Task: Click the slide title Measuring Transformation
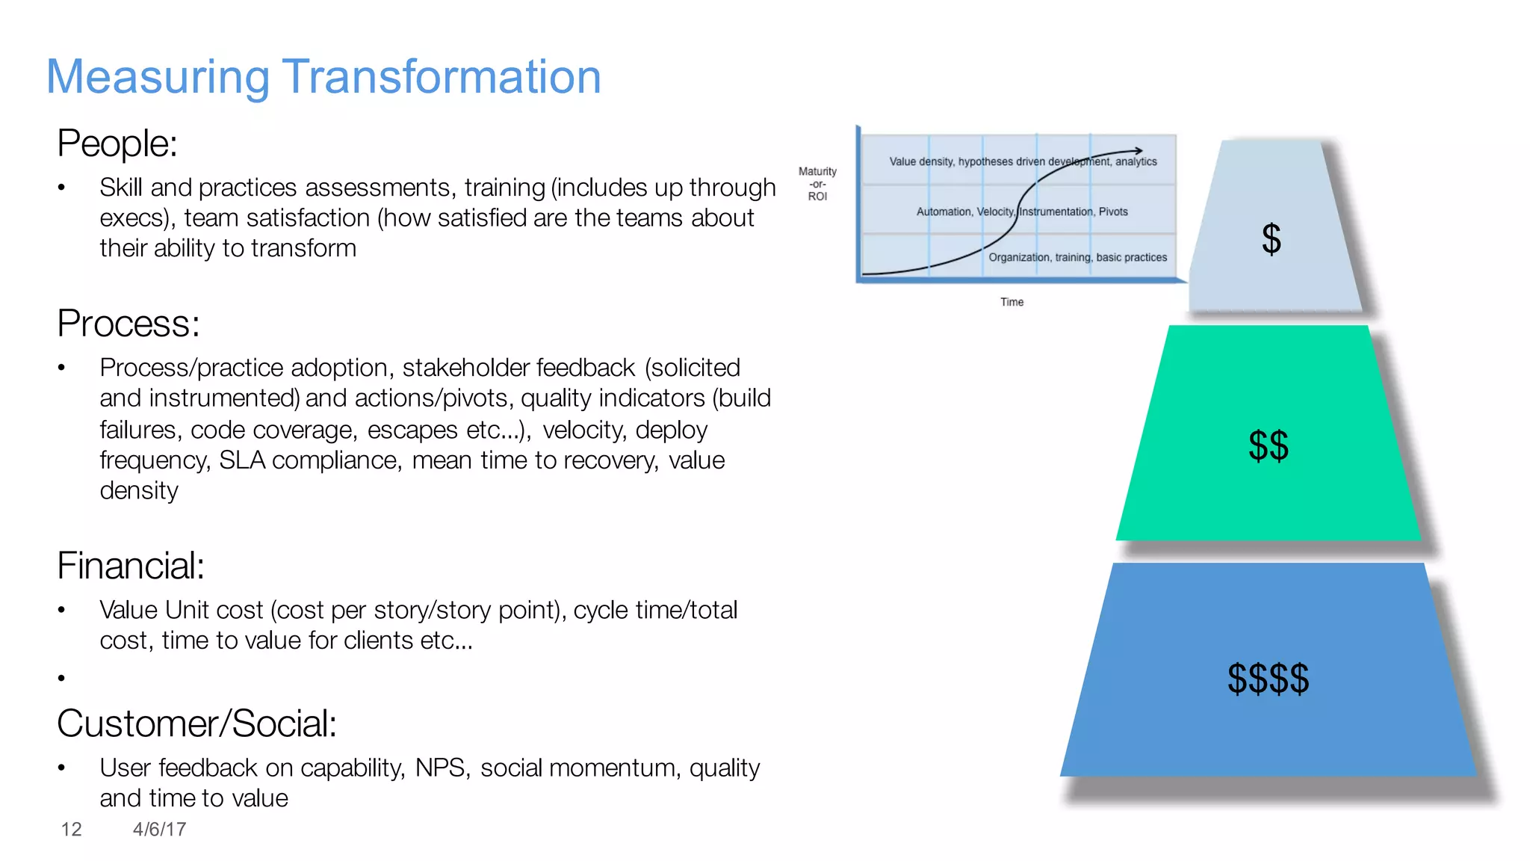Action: [x=323, y=77]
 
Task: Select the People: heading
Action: [x=117, y=143]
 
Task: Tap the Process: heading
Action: [x=128, y=324]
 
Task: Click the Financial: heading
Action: [x=131, y=566]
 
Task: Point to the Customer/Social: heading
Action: [x=196, y=723]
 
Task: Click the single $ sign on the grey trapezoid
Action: [x=1271, y=239]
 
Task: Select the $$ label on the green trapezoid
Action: [x=1268, y=445]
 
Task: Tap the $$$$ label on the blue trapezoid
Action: [x=1268, y=679]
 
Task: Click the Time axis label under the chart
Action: [x=1012, y=302]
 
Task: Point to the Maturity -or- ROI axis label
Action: [x=817, y=184]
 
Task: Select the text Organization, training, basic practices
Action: [x=1077, y=257]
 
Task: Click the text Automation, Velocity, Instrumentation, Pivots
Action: [x=1021, y=212]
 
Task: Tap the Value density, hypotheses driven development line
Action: [x=1022, y=161]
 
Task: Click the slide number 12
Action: [x=71, y=829]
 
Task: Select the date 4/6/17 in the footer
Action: [x=159, y=829]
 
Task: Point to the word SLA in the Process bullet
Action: [x=241, y=460]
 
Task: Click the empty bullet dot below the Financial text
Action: [x=61, y=678]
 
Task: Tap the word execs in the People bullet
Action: [x=130, y=218]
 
